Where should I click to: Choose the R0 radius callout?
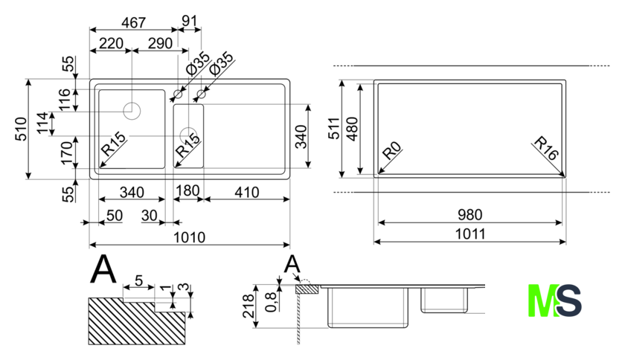coord(391,155)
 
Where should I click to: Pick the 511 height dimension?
coord(336,128)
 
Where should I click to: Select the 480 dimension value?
coord(354,128)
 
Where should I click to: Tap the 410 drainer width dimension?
coord(245,193)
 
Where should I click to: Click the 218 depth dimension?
coord(249,305)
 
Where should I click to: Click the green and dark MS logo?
coord(554,300)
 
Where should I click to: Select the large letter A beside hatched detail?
coord(103,270)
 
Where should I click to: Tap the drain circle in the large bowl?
coord(132,112)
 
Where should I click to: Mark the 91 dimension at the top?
coord(190,22)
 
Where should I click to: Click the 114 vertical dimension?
coord(42,123)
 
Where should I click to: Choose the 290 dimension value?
coord(158,44)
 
